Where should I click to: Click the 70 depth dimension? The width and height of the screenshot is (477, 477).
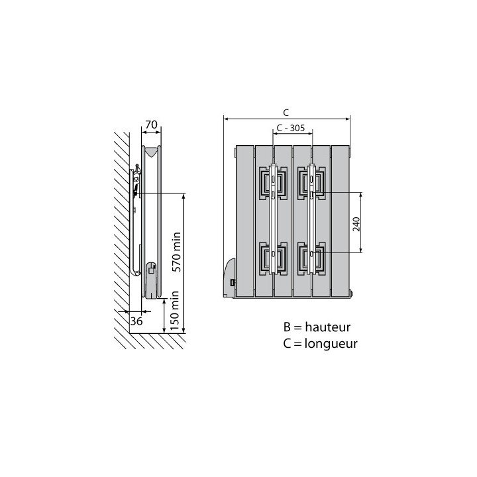point(150,124)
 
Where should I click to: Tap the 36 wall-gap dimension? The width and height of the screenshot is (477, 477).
point(136,321)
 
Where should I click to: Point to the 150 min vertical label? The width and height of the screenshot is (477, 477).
point(176,311)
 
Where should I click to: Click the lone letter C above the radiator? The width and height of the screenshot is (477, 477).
point(286,113)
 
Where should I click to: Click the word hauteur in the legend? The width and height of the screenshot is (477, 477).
point(327,327)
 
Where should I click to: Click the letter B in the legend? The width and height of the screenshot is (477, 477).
point(287,327)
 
